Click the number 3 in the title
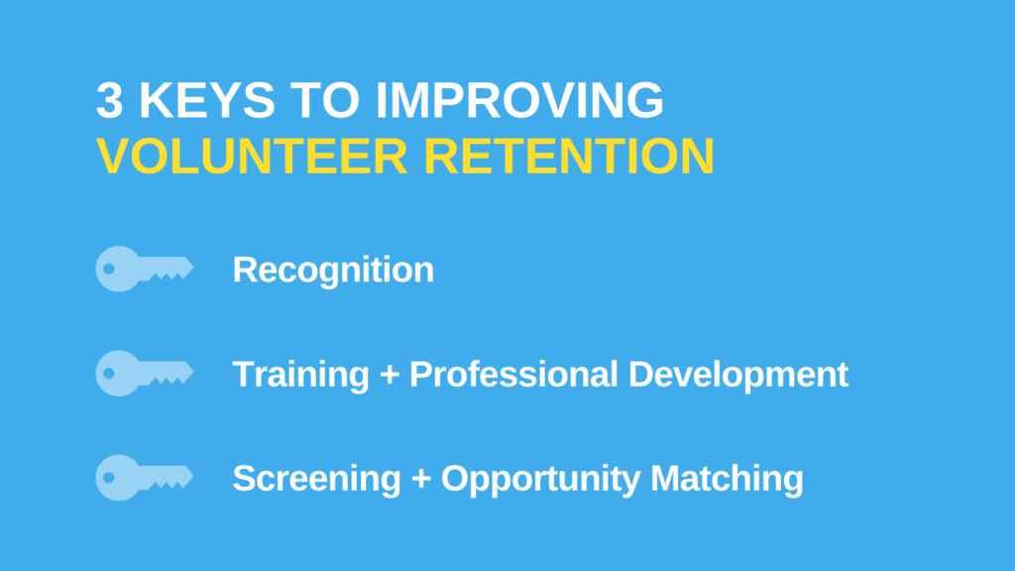(x=112, y=102)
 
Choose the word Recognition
(x=333, y=270)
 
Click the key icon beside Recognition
(x=144, y=269)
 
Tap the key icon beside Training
(x=144, y=373)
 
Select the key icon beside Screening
(x=144, y=477)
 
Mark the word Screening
(x=316, y=479)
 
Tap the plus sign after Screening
(x=420, y=480)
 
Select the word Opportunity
(x=541, y=480)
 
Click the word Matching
(x=727, y=480)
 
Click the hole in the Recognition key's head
(x=109, y=269)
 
